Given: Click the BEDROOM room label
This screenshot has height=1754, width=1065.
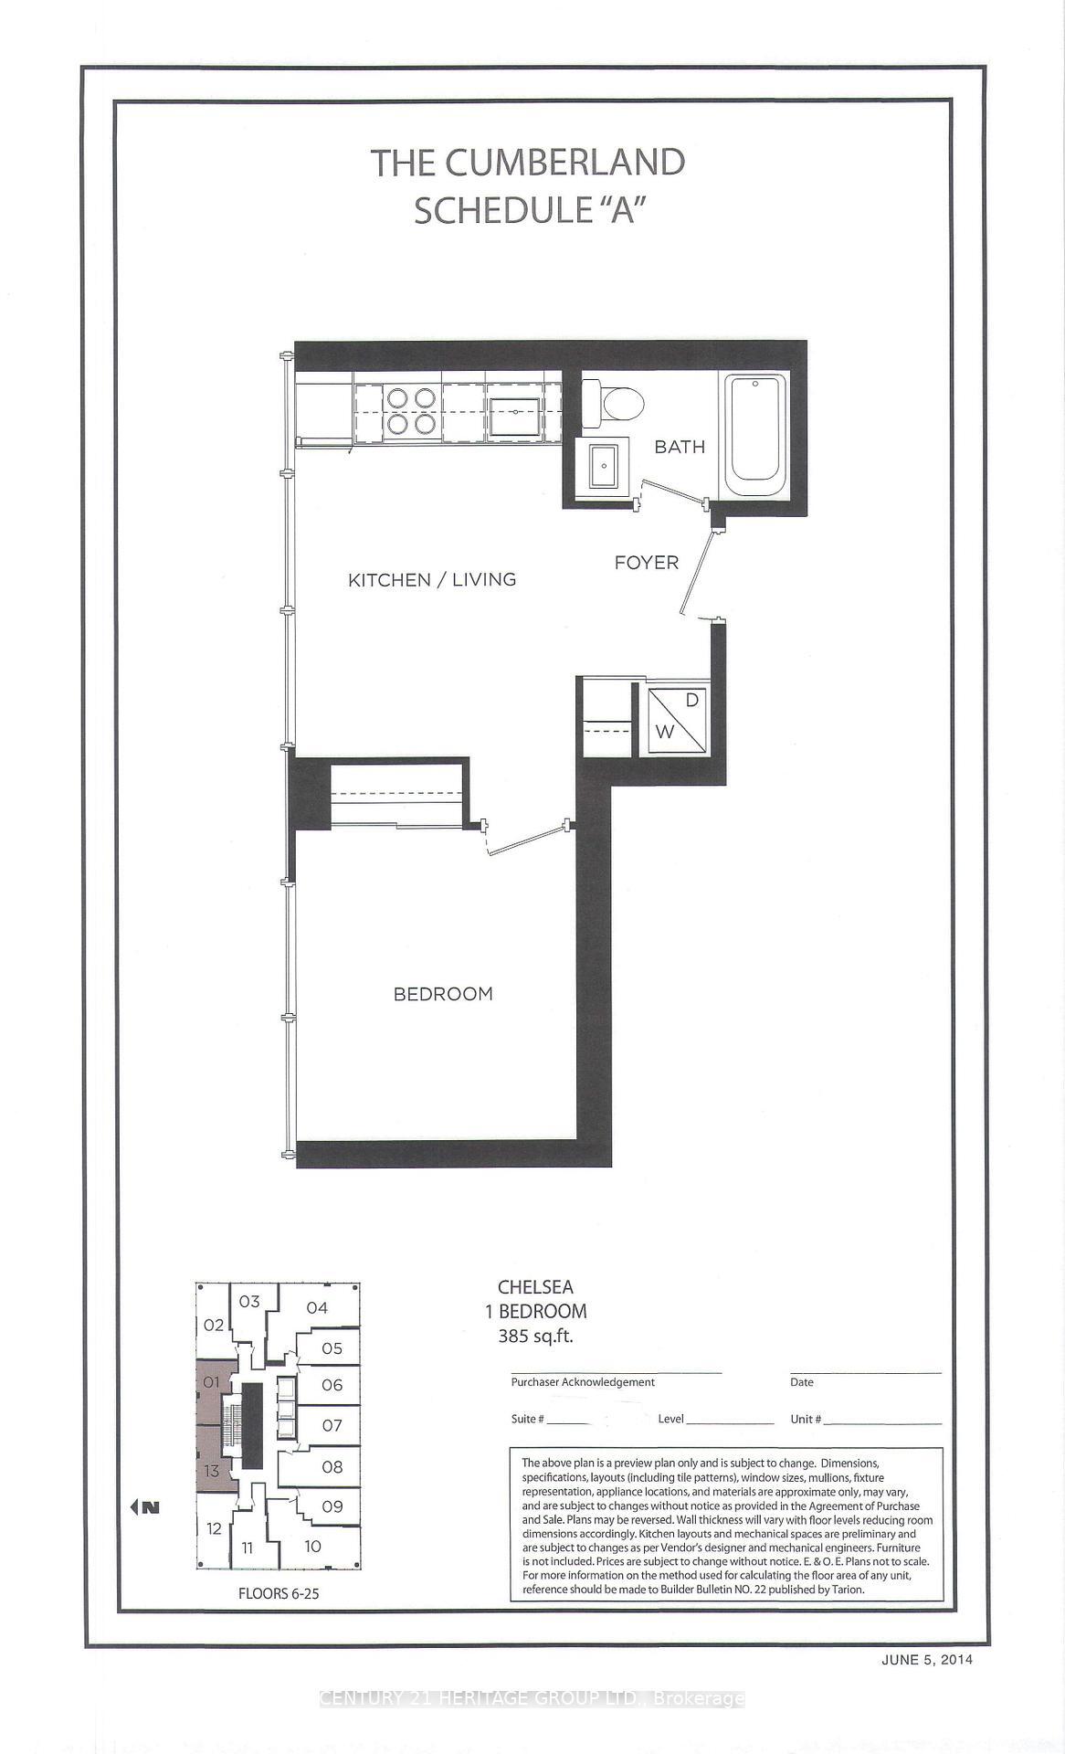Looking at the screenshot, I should coord(443,994).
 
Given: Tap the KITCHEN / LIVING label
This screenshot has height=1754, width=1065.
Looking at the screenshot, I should coord(432,579).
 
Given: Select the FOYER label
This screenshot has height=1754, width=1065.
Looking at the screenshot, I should coord(646,563).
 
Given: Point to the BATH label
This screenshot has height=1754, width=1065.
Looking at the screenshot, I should coord(680,447).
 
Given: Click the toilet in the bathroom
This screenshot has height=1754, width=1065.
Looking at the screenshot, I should coord(616,403).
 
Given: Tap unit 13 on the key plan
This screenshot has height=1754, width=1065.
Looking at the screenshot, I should coord(212,1471).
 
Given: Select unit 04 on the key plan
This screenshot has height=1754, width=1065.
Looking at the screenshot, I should coord(317,1307).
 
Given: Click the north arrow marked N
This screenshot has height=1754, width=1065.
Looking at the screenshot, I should coord(146,1507).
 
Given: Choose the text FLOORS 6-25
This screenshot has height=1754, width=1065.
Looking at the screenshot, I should coord(279,1593).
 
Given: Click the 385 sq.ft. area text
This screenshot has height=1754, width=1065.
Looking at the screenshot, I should coord(535,1337).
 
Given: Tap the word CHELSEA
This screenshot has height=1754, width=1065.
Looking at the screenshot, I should coord(535,1286).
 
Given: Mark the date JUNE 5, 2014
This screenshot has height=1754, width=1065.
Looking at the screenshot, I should coord(927,1660).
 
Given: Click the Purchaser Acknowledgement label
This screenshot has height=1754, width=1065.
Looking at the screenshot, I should coord(583,1382).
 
